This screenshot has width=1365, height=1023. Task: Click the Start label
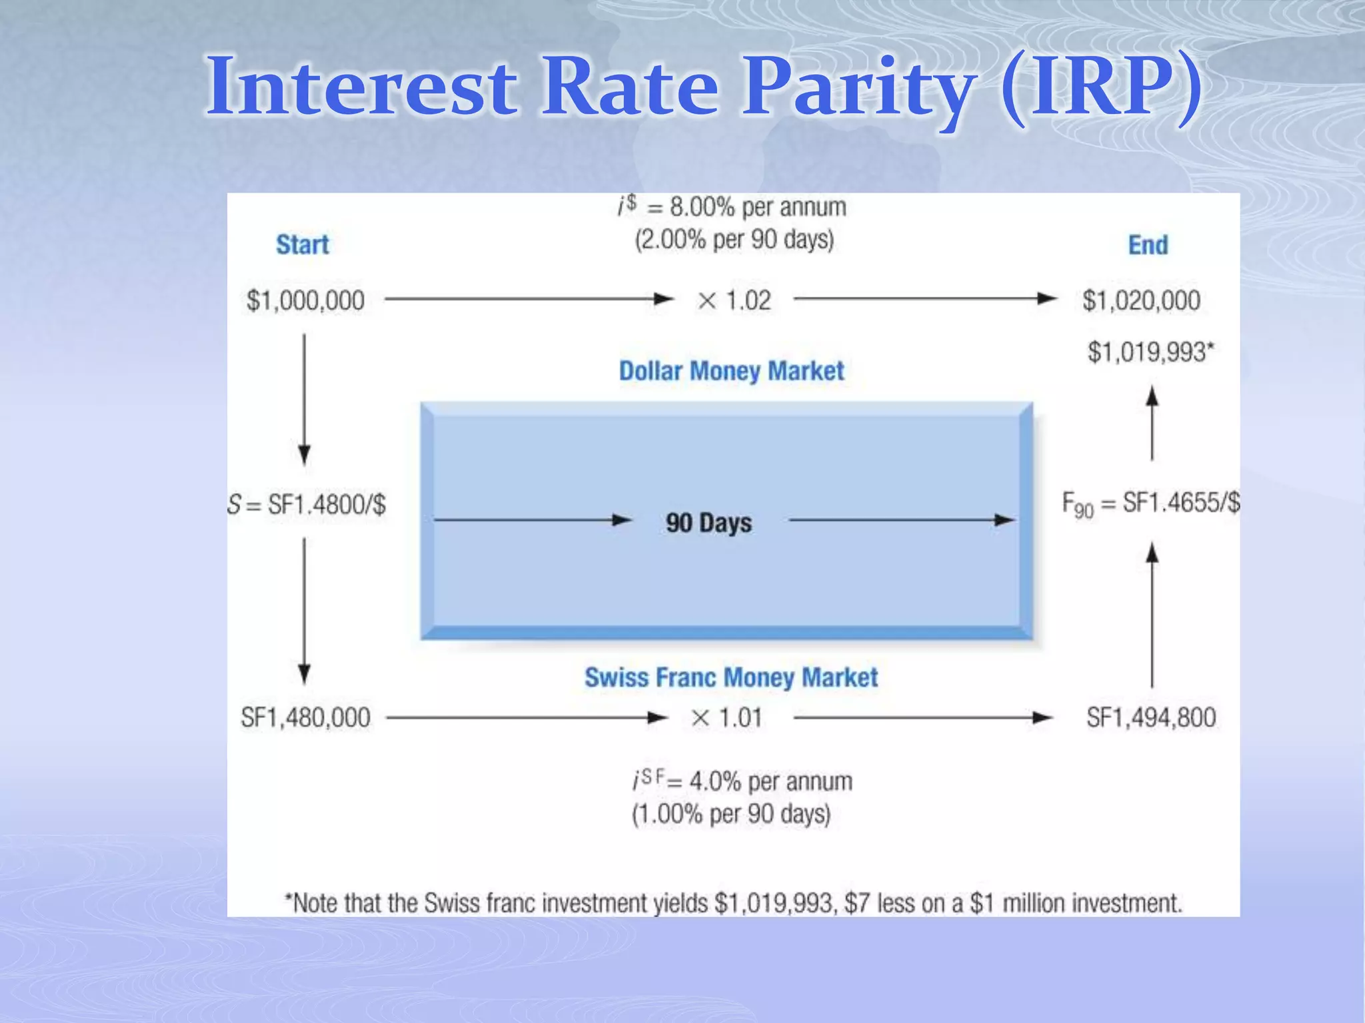click(x=303, y=245)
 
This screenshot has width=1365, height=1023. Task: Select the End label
click(x=1148, y=245)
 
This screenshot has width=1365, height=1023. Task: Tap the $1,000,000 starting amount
click(x=305, y=300)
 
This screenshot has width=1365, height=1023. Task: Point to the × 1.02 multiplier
click(x=734, y=300)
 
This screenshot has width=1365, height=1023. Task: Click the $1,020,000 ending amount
click(x=1141, y=300)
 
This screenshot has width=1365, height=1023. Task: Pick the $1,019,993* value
click(x=1150, y=352)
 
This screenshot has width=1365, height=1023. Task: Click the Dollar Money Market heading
click(x=731, y=371)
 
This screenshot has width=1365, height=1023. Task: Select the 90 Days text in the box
click(x=708, y=522)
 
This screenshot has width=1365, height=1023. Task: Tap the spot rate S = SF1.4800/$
click(x=307, y=505)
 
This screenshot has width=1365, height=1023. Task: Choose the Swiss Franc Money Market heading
click(x=731, y=677)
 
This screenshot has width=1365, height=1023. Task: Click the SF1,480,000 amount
click(x=305, y=718)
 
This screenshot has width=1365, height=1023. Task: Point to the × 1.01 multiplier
click(x=726, y=718)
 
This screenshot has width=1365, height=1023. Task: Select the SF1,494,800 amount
click(x=1151, y=718)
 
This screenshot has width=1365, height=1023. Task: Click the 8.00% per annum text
click(x=757, y=207)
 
